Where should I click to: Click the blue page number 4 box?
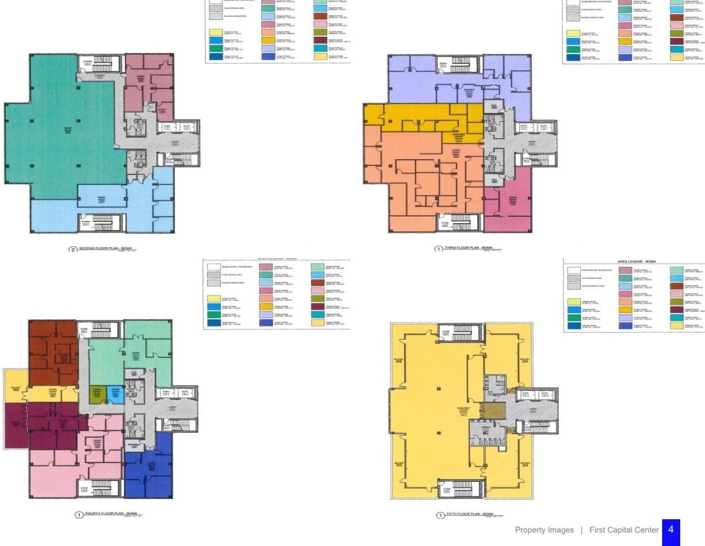(671, 530)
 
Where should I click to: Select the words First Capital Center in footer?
(624, 530)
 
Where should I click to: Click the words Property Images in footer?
(544, 530)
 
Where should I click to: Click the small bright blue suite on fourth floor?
(116, 394)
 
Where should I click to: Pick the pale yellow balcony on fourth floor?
(15, 390)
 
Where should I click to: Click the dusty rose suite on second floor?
(149, 84)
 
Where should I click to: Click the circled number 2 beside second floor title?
(73, 249)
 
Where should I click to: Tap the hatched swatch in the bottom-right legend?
(573, 277)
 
